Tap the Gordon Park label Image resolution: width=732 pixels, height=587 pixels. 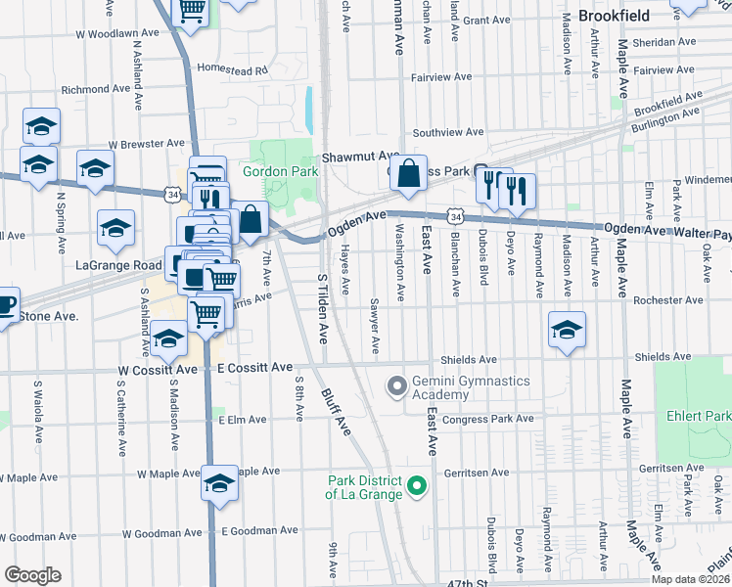(279, 171)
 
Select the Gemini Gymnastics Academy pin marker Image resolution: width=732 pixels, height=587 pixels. (397, 387)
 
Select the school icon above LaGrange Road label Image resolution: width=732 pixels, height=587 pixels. (116, 228)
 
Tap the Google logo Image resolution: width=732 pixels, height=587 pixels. (32, 574)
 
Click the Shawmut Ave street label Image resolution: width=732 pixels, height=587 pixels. (360, 157)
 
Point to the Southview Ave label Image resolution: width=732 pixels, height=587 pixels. (448, 132)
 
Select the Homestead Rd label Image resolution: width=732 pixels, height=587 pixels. (232, 70)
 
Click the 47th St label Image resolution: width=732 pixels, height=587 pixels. (466, 582)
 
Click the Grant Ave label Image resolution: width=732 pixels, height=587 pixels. (487, 20)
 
